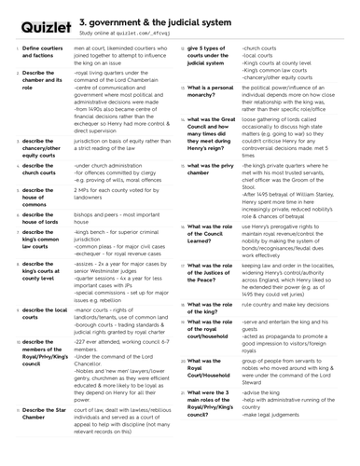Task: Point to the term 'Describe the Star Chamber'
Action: (43, 414)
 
